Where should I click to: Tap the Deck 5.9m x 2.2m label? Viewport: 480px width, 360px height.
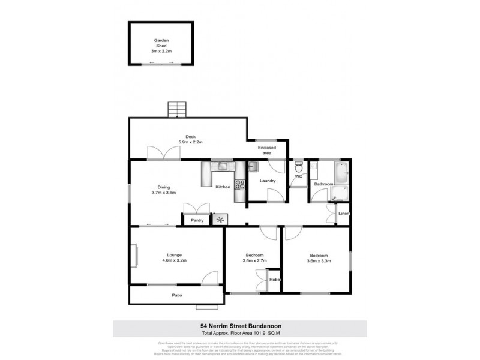(191, 139)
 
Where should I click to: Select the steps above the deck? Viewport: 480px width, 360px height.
(177, 110)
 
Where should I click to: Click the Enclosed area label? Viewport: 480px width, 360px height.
(266, 150)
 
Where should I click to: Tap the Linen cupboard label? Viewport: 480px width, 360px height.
(343, 214)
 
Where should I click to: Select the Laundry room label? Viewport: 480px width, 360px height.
(267, 181)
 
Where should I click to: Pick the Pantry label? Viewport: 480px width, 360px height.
(197, 220)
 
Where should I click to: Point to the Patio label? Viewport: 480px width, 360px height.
(177, 295)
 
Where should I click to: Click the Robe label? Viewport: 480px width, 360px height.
(274, 280)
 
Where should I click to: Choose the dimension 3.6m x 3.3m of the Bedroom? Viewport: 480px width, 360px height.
(319, 260)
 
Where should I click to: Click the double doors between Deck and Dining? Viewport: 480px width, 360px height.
(163, 153)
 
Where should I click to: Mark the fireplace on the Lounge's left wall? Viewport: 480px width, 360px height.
(135, 256)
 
